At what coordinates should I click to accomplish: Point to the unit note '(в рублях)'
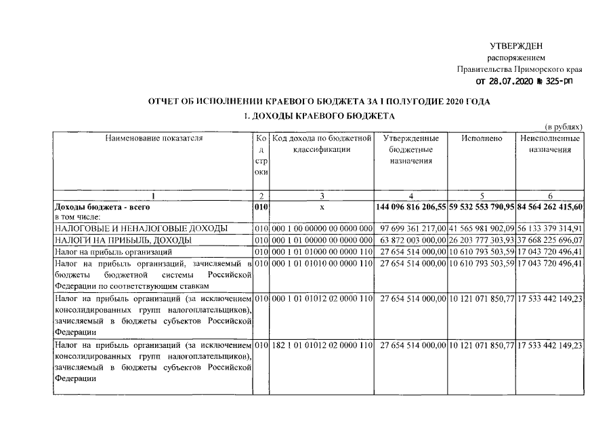(x=564, y=127)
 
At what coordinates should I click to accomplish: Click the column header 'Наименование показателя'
(x=154, y=138)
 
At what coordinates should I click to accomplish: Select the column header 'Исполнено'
(x=481, y=138)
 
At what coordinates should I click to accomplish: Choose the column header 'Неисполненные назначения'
(x=550, y=144)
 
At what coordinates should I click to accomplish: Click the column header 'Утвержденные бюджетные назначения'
(x=411, y=149)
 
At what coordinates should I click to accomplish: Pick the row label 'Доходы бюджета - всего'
(x=102, y=205)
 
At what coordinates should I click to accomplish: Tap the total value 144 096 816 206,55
(x=411, y=205)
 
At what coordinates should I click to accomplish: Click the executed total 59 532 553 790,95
(x=481, y=205)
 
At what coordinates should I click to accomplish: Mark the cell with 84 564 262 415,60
(x=550, y=205)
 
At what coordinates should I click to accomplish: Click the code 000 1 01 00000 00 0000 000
(x=322, y=240)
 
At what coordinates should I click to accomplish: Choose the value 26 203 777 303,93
(x=482, y=240)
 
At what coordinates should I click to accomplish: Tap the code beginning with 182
(x=322, y=346)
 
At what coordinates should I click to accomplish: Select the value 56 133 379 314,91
(x=551, y=229)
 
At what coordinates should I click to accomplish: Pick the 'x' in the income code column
(x=322, y=205)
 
